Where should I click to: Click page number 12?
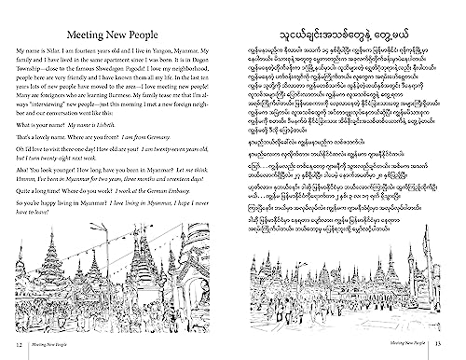[9, 347]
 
